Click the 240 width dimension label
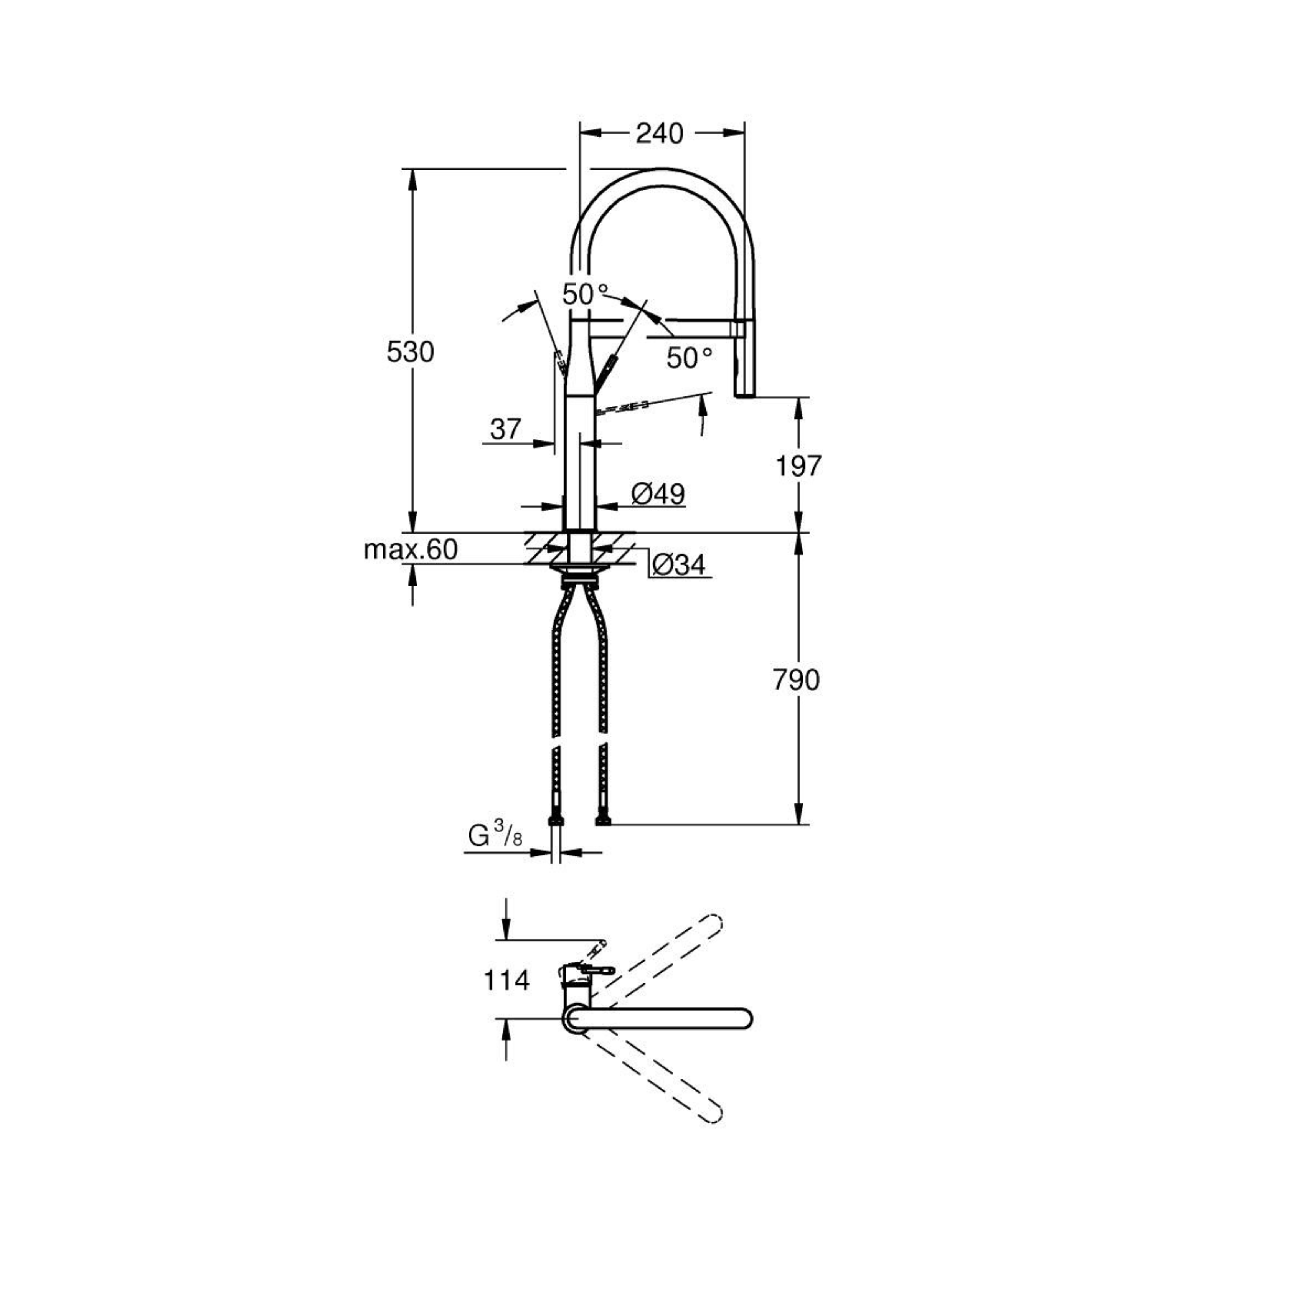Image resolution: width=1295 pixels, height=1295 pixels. click(x=660, y=134)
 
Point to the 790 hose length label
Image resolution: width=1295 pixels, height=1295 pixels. click(x=796, y=680)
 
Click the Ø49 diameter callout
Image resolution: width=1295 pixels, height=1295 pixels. click(x=658, y=494)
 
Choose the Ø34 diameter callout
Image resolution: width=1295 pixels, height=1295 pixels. click(x=678, y=565)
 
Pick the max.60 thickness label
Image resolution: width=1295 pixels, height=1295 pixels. click(x=411, y=549)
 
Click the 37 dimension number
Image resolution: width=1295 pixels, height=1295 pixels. click(x=505, y=429)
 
